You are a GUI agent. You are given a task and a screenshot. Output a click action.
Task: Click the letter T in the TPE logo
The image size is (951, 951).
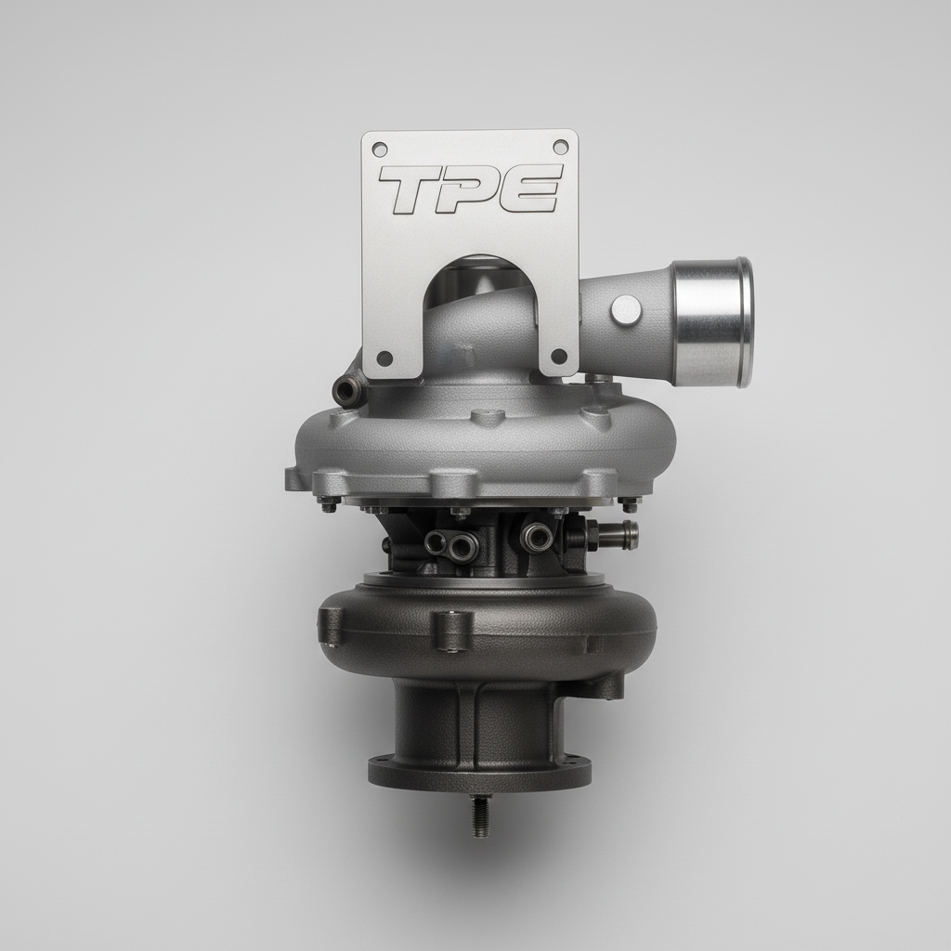pos(412,189)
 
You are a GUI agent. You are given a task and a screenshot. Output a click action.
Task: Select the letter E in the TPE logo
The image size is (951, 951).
pos(528,189)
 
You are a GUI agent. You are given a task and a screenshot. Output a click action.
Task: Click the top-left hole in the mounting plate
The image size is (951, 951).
pos(381,148)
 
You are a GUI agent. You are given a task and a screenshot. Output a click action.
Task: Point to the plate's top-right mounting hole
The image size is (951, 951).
pos(560,147)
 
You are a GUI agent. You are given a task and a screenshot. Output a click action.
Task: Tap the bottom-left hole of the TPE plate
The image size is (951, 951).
pos(384,358)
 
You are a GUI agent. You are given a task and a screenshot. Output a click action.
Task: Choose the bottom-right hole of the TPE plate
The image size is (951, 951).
pos(559,357)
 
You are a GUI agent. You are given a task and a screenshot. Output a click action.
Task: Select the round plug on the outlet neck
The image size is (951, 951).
pos(626,310)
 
